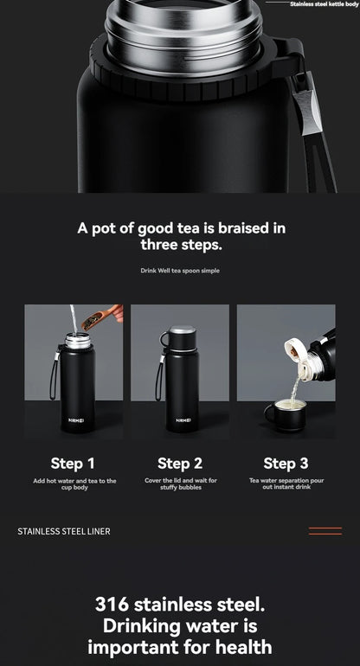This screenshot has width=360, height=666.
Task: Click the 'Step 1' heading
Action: (73, 463)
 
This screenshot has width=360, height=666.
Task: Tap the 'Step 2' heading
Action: (180, 463)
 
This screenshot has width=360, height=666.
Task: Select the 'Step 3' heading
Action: (286, 463)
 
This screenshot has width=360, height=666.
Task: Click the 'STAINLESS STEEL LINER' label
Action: (64, 531)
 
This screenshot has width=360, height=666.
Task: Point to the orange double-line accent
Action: (325, 531)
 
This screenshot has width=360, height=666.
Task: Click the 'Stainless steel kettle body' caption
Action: (323, 4)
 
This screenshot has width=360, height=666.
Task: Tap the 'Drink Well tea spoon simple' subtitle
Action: (180, 271)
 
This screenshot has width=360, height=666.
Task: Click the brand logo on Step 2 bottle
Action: (183, 419)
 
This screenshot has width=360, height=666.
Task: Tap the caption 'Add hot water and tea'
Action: (74, 481)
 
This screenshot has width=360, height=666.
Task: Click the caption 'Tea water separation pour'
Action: (286, 481)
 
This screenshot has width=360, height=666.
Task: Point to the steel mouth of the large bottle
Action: (183, 26)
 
